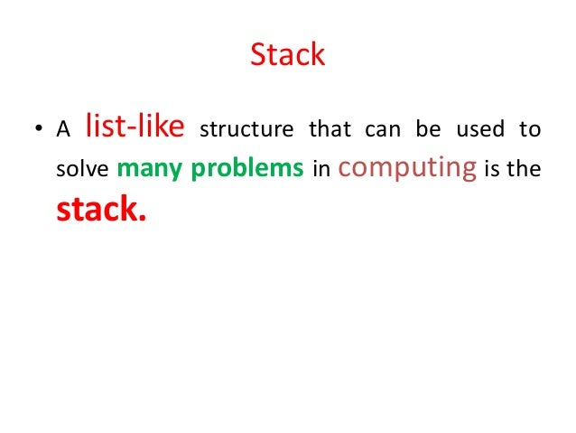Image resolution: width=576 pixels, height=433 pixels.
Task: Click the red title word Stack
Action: [x=287, y=56]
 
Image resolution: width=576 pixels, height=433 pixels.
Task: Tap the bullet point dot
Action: [x=38, y=130]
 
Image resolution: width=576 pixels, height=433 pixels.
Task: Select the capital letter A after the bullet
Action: [x=62, y=129]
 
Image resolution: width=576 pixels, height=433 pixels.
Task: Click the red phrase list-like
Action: [x=135, y=126]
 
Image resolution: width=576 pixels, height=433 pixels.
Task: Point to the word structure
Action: [x=246, y=129]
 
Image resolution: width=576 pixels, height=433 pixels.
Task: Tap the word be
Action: [x=427, y=129]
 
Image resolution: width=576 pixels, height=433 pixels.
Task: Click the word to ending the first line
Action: [x=530, y=129]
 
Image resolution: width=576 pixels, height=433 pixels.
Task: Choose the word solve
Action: [x=82, y=171]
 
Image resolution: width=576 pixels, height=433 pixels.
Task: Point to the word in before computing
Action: [x=320, y=171]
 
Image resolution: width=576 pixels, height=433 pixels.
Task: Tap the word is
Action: [x=494, y=171]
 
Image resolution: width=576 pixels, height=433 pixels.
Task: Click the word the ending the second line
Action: [x=525, y=171]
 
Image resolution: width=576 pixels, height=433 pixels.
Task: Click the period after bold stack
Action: [x=141, y=219]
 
